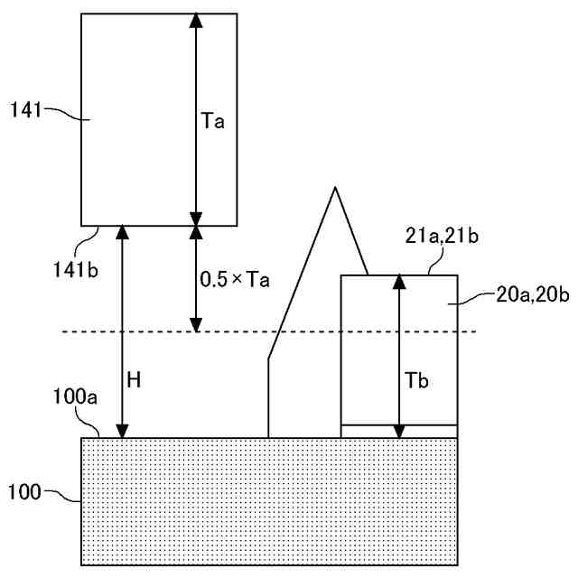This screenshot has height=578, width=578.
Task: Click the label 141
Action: pyautogui.click(x=26, y=110)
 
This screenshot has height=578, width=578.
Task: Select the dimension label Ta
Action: pyautogui.click(x=213, y=120)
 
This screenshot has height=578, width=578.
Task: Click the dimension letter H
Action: pyautogui.click(x=134, y=380)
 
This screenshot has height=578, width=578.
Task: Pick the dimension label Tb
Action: pyautogui.click(x=417, y=380)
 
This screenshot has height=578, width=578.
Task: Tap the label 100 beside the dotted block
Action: pyautogui.click(x=24, y=492)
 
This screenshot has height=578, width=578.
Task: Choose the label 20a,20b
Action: pyautogui.click(x=533, y=294)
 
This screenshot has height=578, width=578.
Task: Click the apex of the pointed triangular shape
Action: pyautogui.click(x=335, y=188)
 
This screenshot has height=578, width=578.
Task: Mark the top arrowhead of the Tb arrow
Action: pyautogui.click(x=399, y=281)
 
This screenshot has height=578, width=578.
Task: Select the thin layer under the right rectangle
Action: pyautogui.click(x=399, y=431)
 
